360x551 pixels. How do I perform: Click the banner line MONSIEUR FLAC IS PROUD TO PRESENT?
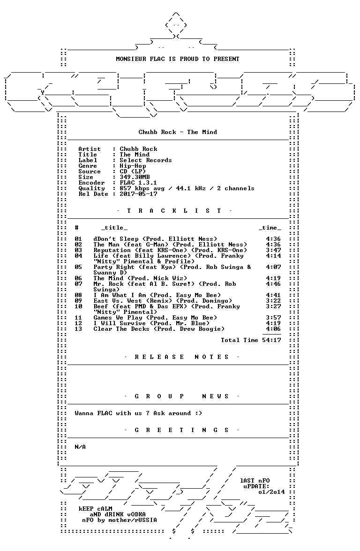tap(178, 59)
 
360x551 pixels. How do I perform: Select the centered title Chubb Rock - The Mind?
tap(178, 132)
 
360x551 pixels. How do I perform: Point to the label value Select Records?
tap(145, 160)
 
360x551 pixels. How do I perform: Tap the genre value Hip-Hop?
tap(133, 166)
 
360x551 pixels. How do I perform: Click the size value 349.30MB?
tap(135, 177)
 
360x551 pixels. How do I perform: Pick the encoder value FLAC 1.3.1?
tap(138, 183)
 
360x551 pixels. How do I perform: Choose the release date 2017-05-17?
tap(138, 194)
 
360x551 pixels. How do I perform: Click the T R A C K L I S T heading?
tap(174, 211)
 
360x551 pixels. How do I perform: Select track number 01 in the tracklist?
tap(78, 239)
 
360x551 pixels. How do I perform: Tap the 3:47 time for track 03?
tap(273, 250)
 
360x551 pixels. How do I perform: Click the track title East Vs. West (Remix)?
tap(133, 301)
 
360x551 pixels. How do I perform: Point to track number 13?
tap(78, 329)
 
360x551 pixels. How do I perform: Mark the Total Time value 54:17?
tap(271, 340)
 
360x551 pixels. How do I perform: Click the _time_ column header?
tap(270, 228)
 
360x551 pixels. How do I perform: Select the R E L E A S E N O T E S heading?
tap(181, 357)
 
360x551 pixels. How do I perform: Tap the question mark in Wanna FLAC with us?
tap(148, 413)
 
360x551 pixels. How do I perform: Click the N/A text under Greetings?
tap(80, 447)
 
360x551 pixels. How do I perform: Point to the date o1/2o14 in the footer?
tap(271, 492)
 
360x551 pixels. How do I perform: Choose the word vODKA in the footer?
tap(136, 514)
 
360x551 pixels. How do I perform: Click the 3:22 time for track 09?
tap(273, 301)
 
